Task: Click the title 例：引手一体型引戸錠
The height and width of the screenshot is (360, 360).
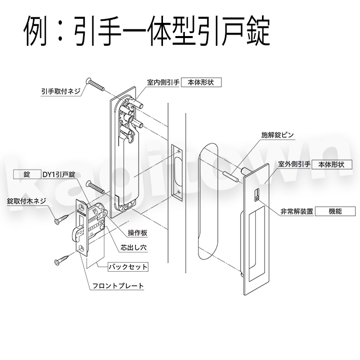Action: pyautogui.click(x=147, y=32)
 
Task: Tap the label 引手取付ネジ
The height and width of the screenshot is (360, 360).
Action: pyautogui.click(x=61, y=92)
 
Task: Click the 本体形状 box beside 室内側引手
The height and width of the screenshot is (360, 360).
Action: pyautogui.click(x=202, y=81)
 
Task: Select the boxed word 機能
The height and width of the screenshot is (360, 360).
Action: pyautogui.click(x=336, y=211)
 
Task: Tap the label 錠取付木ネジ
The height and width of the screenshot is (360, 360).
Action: pyautogui.click(x=26, y=201)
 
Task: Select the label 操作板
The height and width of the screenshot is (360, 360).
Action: pyautogui.click(x=138, y=233)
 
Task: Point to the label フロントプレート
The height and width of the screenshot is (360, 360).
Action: pyautogui.click(x=118, y=286)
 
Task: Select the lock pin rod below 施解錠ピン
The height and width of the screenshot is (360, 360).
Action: pyautogui.click(x=232, y=173)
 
